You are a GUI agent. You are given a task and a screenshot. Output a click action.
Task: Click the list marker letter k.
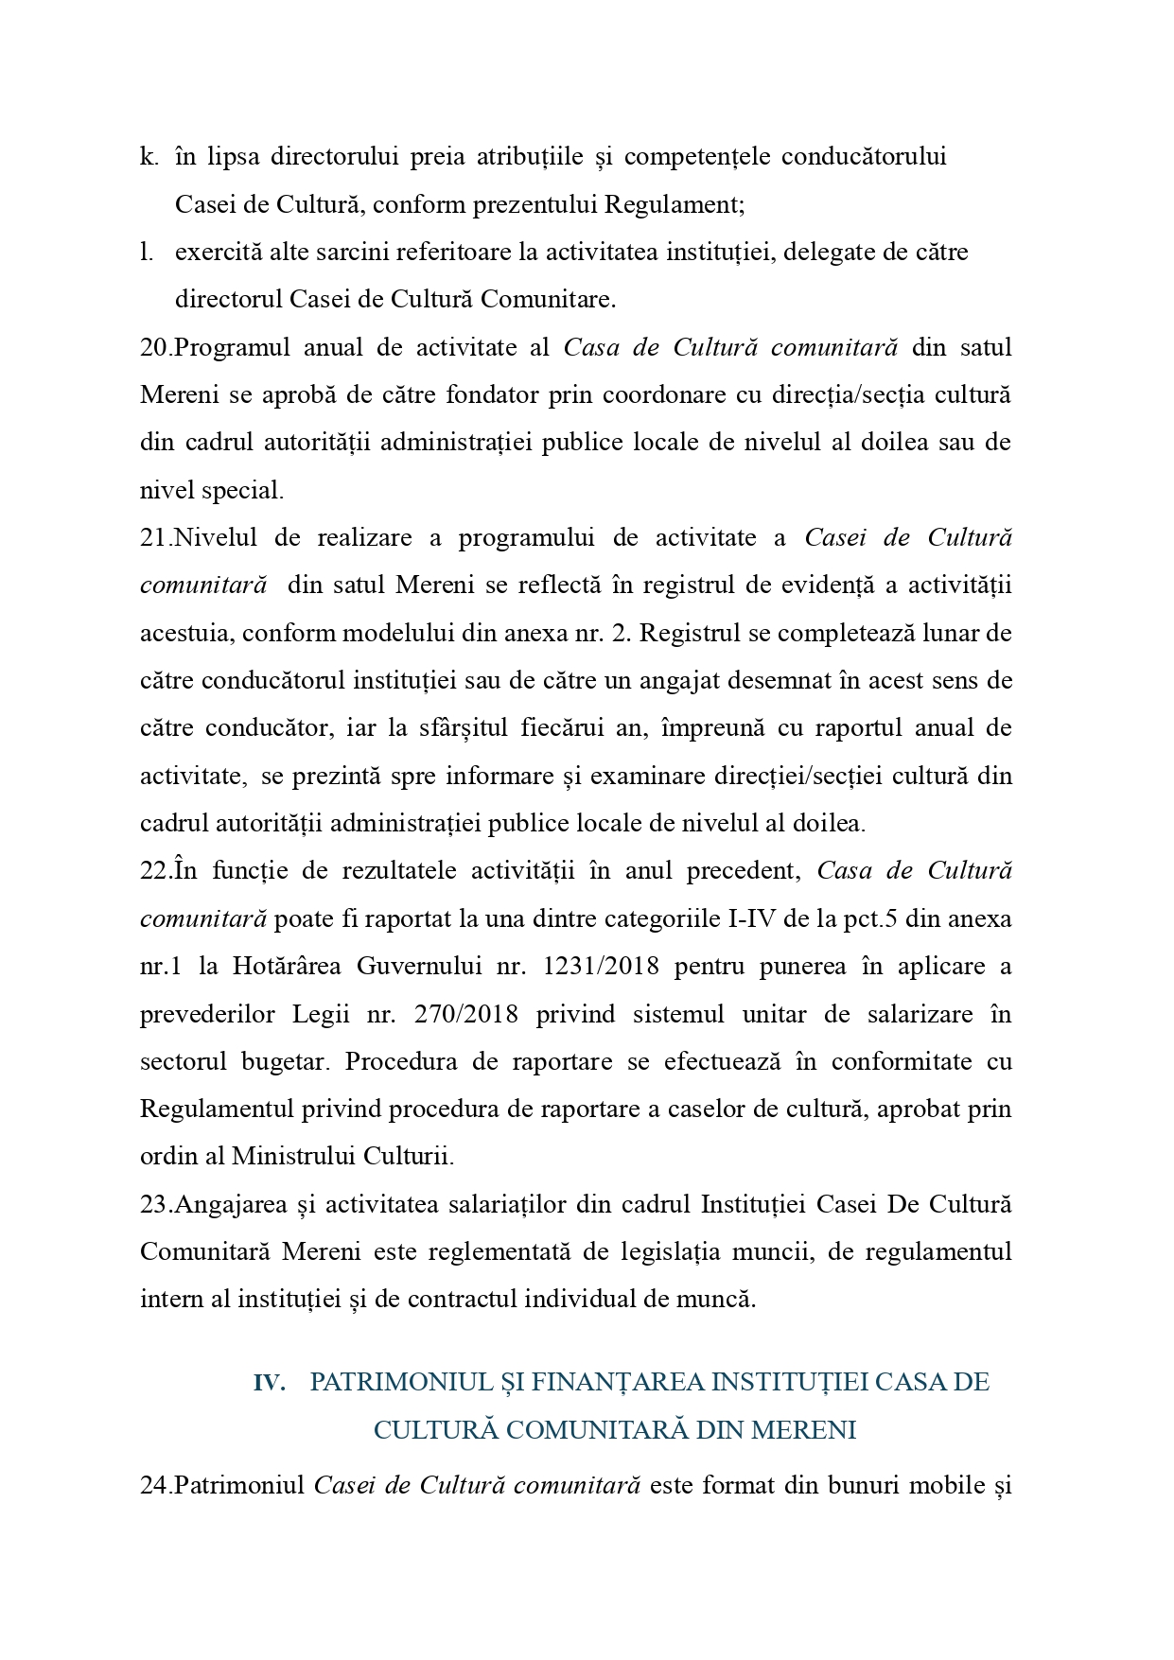click(x=148, y=157)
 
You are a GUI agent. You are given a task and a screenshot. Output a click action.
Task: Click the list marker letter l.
click(x=146, y=253)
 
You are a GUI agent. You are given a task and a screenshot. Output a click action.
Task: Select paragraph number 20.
click(x=154, y=348)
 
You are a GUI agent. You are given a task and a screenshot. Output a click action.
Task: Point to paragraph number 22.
click(x=154, y=871)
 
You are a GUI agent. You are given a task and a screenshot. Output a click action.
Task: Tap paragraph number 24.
click(x=154, y=1486)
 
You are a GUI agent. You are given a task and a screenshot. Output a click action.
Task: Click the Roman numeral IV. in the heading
click(x=269, y=1384)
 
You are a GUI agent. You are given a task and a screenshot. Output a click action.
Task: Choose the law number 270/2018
click(x=466, y=1015)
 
